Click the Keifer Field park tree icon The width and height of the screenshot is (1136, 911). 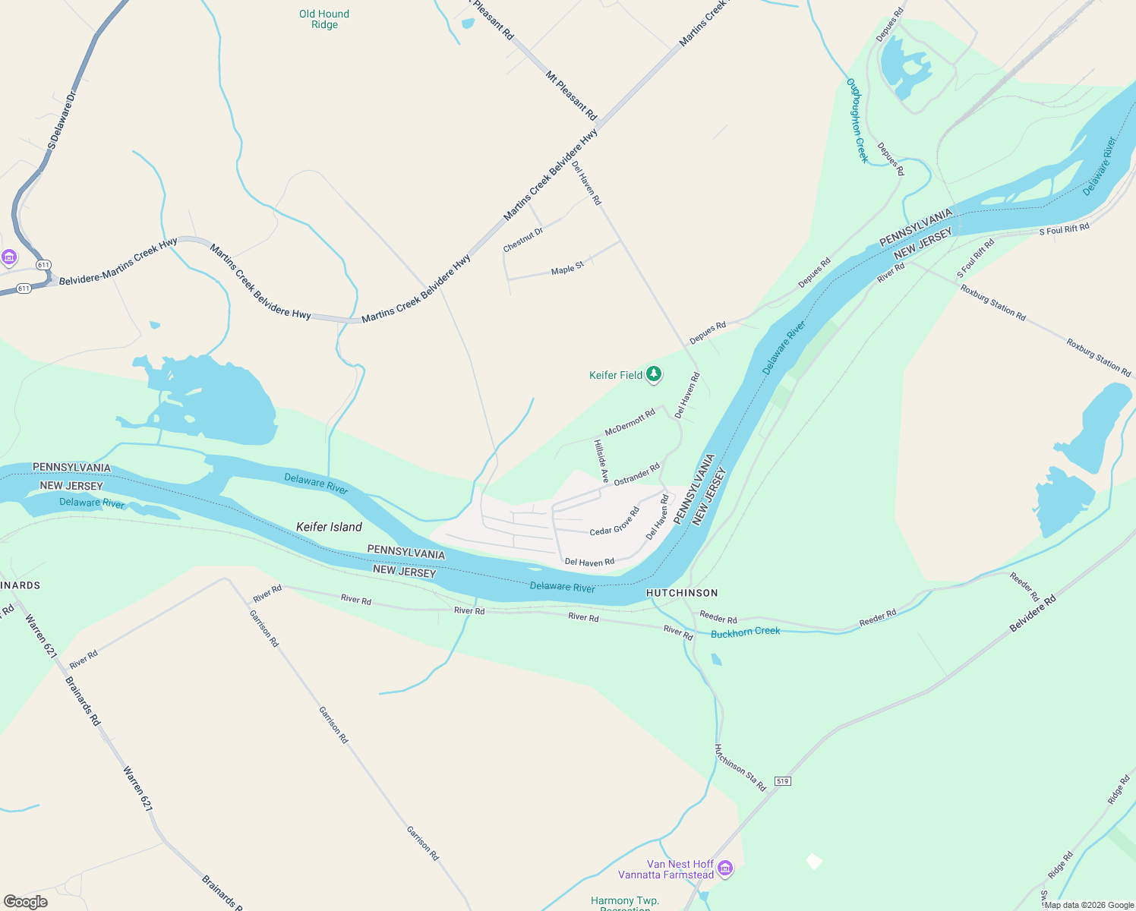click(653, 374)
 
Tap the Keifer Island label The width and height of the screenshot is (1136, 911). click(329, 527)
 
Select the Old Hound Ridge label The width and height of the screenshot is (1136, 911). click(324, 19)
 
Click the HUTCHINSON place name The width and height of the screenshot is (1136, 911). click(681, 593)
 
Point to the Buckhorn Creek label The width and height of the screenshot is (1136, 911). click(745, 632)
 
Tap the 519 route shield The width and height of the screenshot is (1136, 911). click(782, 781)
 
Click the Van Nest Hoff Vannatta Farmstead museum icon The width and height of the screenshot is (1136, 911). click(725, 868)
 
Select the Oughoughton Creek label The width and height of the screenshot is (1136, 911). click(857, 120)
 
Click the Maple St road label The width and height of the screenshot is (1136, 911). click(567, 268)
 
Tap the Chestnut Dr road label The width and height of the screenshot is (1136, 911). click(523, 240)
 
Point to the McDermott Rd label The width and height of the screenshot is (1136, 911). click(630, 422)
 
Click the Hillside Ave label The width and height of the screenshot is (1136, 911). click(601, 461)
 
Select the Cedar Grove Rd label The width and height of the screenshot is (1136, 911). click(615, 522)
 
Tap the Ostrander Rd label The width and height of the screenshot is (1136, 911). click(636, 474)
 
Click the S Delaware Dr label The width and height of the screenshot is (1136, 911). click(62, 120)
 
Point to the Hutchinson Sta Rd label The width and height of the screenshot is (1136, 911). click(740, 768)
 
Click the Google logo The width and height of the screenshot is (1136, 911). click(25, 902)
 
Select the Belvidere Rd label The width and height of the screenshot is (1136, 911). click(1032, 614)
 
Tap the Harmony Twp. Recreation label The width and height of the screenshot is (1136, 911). click(625, 903)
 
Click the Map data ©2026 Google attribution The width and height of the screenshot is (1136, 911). click(1089, 905)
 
